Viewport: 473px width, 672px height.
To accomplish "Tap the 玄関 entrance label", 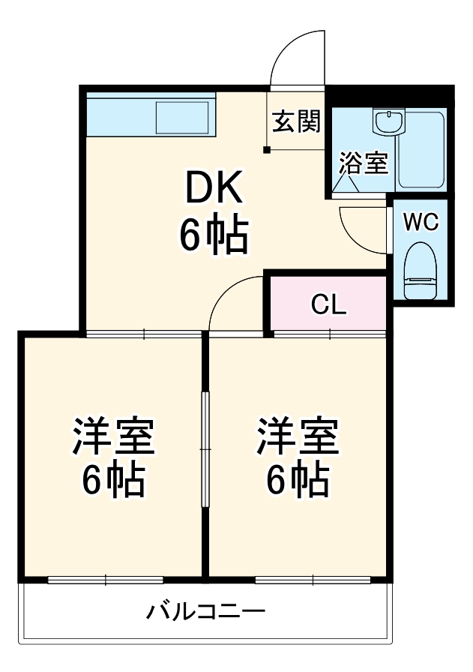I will coord(295,121).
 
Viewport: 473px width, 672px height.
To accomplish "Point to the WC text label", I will coord(421,222).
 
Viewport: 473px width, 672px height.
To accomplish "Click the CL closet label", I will coord(328,304).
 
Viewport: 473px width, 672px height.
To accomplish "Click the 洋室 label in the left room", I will coord(113,438).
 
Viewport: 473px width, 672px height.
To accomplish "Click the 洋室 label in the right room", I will coord(298,438).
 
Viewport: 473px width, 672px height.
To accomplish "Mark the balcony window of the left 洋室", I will coord(106,579).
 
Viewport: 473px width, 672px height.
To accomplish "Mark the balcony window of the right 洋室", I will coord(313,579).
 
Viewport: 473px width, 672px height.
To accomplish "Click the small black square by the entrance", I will coord(266,149).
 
